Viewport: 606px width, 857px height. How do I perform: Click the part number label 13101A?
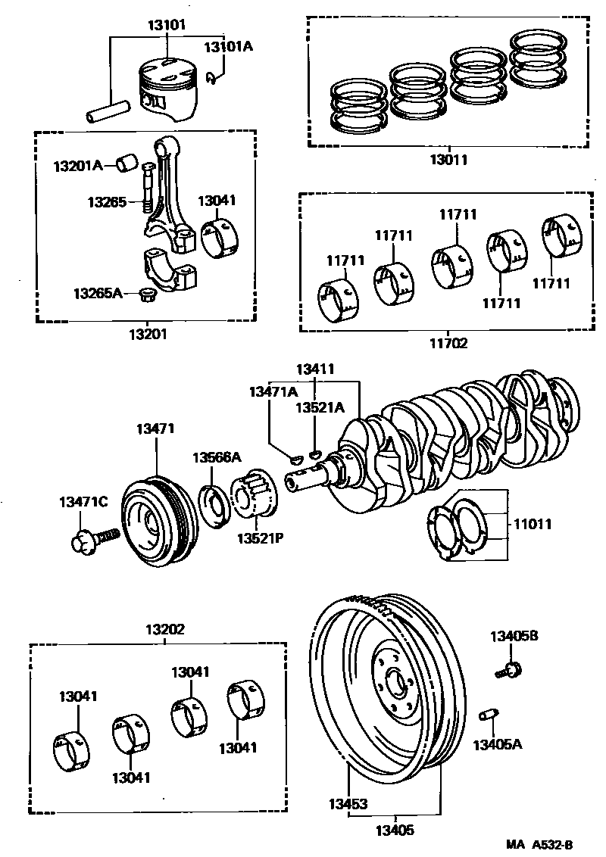(x=228, y=47)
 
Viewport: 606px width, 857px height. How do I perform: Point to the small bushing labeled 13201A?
(x=127, y=162)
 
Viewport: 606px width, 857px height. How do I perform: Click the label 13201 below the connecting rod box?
(x=145, y=333)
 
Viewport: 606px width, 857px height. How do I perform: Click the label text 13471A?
(x=273, y=391)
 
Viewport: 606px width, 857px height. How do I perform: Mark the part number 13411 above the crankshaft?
(x=315, y=369)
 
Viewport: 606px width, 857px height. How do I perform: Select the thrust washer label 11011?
(x=533, y=523)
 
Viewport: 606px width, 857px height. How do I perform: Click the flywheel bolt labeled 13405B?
(x=514, y=668)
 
